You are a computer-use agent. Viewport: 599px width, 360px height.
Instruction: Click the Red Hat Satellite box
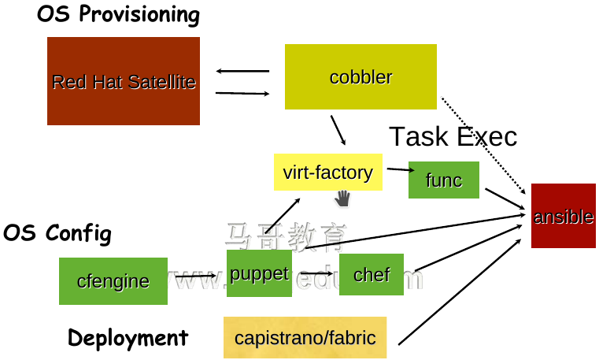click(124, 81)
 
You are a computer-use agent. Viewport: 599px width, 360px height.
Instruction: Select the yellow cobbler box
click(361, 76)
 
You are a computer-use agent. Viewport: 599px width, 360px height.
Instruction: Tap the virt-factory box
click(327, 172)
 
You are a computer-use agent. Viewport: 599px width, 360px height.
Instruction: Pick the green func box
click(444, 180)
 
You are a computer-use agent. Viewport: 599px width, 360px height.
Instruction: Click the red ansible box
click(563, 216)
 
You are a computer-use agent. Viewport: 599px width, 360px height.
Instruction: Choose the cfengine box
click(113, 281)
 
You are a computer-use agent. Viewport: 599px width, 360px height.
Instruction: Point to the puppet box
click(259, 273)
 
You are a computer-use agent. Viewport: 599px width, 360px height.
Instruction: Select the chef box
click(372, 274)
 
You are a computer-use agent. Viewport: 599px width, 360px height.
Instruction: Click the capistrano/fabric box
click(305, 338)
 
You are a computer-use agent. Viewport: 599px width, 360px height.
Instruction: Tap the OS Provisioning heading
click(118, 14)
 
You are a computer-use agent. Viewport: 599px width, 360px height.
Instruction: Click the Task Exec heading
click(453, 136)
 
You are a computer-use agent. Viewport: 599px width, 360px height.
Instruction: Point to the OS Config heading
click(57, 233)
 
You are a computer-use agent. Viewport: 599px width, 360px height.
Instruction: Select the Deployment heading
click(128, 338)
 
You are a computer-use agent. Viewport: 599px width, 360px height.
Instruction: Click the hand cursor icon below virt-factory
click(342, 198)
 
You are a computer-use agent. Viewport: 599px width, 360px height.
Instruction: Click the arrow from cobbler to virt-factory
click(338, 130)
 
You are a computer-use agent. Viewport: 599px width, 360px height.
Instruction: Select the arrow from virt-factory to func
click(400, 169)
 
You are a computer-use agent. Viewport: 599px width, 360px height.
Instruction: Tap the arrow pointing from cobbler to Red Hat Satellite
click(242, 72)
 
